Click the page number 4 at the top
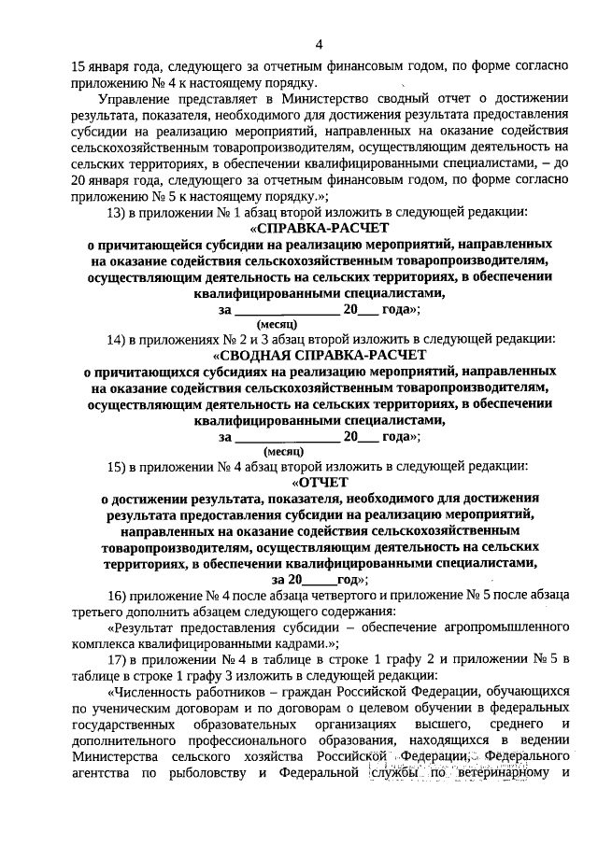tap(319, 45)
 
